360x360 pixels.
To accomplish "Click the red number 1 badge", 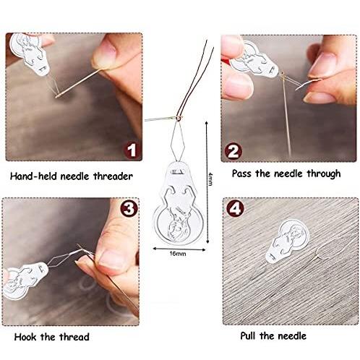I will point(130,150).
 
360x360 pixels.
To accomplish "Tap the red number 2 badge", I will point(233,150).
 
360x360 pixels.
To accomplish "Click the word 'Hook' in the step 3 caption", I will point(22,337).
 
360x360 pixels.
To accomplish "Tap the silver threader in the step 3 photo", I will point(25,278).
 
